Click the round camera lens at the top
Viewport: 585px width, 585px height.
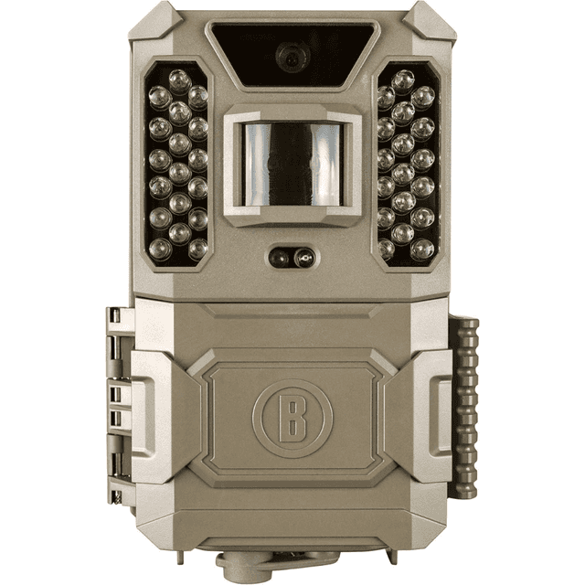[290, 58]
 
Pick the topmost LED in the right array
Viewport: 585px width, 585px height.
[402, 76]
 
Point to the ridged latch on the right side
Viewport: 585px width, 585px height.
[468, 402]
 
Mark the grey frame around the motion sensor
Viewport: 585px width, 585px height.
[290, 112]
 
